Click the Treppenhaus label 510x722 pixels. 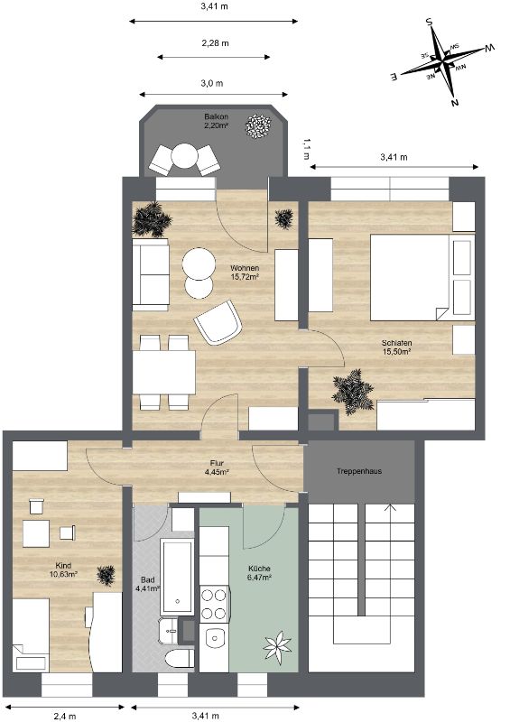coord(359,471)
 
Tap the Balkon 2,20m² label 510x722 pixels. coord(217,121)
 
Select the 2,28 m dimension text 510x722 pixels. coord(215,43)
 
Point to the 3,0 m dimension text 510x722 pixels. coord(212,83)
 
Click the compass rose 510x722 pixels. coord(443,60)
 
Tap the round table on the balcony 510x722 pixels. coord(184,156)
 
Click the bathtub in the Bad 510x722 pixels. coord(177,578)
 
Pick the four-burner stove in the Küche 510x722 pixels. coord(214,604)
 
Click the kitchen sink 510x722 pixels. coord(214,638)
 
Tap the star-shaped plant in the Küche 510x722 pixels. coord(277,646)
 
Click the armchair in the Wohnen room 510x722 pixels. coord(218,322)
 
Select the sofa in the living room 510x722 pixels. coord(151,274)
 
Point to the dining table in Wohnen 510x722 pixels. coord(164,372)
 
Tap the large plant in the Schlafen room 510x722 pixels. coord(353,392)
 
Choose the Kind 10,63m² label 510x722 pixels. coord(63,569)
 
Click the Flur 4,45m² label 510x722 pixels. coord(217,467)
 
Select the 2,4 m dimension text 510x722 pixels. coord(65,716)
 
